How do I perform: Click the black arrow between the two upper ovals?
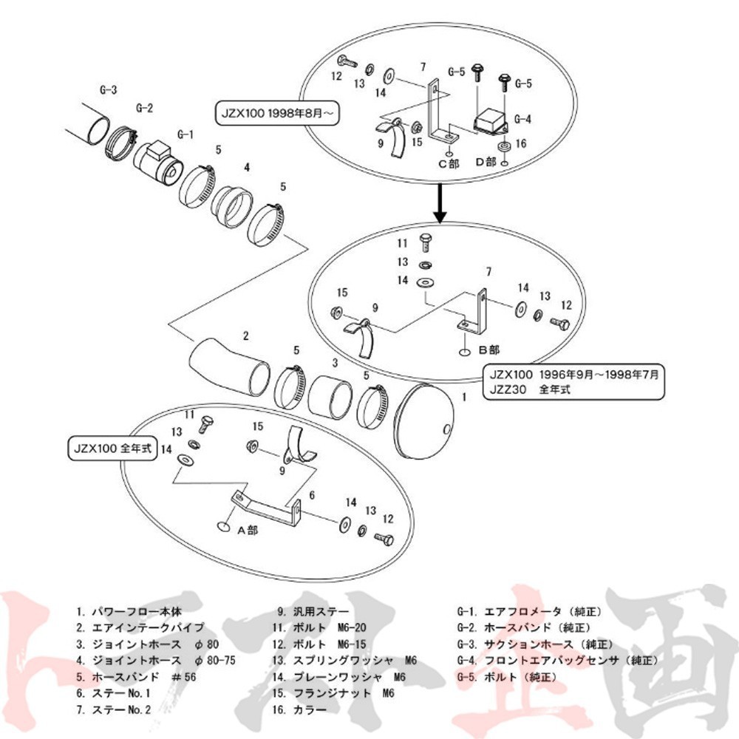[x=440, y=203]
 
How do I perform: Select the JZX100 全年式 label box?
[x=113, y=449]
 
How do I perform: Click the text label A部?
[x=248, y=529]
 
